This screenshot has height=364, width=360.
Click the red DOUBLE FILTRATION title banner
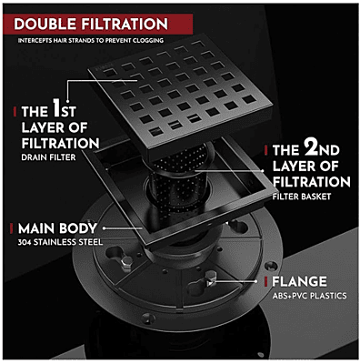[x=98, y=24]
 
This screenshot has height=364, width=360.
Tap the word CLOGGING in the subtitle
[x=148, y=40]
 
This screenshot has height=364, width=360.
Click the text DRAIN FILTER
[x=48, y=157]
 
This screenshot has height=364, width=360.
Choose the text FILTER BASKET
[x=302, y=197]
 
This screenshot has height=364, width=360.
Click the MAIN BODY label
[x=57, y=228]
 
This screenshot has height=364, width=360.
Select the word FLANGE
[x=299, y=281]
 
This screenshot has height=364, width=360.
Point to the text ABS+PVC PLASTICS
[x=309, y=296]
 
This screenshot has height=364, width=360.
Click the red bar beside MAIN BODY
[x=12, y=228]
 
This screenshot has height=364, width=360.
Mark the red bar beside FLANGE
[x=265, y=281]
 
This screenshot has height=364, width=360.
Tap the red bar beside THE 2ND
[x=265, y=150]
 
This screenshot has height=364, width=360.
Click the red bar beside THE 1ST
[x=15, y=111]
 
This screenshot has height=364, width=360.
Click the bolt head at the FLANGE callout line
[x=211, y=278]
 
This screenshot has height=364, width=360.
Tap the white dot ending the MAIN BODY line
[x=105, y=228]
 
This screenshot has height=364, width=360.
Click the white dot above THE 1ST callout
[x=67, y=101]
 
